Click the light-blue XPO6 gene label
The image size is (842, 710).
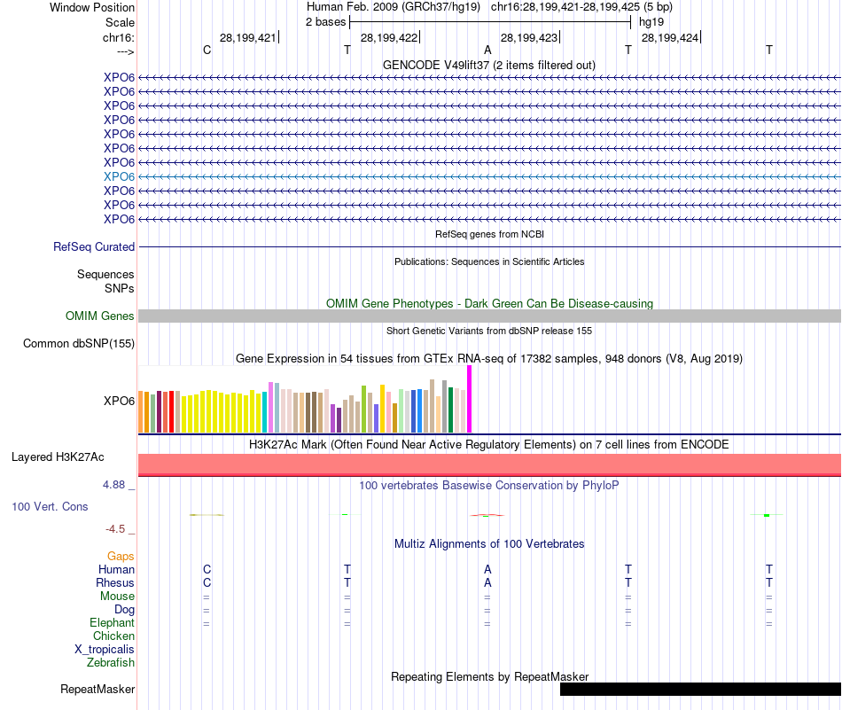119,176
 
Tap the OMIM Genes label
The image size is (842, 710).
100,316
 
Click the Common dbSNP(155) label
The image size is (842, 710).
79,344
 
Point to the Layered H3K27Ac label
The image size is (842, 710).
58,457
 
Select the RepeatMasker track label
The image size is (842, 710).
97,689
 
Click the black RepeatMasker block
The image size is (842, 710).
700,689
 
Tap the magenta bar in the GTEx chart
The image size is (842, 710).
470,399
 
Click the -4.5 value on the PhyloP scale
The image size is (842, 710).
115,529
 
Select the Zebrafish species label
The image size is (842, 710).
111,662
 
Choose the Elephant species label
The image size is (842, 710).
112,623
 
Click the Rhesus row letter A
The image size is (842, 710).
487,582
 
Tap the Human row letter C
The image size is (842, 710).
207,569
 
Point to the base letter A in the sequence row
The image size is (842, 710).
487,51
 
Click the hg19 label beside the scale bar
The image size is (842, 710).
651,21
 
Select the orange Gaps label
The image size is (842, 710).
121,556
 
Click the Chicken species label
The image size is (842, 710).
113,636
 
